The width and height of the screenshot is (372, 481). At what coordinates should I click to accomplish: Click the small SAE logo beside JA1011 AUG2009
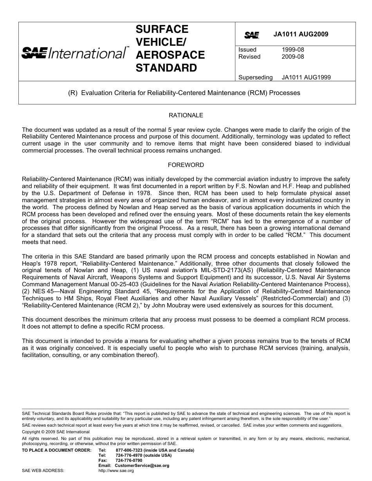click(251, 35)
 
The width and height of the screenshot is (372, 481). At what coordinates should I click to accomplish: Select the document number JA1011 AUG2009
click(301, 34)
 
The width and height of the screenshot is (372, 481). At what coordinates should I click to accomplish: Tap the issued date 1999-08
click(293, 50)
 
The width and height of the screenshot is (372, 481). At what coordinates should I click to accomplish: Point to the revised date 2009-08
click(293, 57)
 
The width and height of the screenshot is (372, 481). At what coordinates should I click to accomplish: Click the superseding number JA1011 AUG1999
click(306, 77)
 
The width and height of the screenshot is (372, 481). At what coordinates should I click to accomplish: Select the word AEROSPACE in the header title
click(170, 55)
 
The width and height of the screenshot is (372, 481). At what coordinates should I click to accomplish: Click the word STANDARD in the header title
click(166, 68)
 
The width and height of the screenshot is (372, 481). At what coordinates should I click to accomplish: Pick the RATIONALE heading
click(186, 115)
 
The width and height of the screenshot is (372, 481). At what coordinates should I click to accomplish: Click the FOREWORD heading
click(186, 165)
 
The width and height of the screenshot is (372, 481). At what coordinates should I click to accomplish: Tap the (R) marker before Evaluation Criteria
click(73, 93)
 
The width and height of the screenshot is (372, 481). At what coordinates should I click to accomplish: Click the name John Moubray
click(176, 305)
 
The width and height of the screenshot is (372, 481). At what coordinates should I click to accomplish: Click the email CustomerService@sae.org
click(142, 466)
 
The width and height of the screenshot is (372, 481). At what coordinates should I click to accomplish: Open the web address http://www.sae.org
click(116, 471)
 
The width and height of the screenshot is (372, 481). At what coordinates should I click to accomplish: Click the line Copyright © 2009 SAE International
click(56, 432)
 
